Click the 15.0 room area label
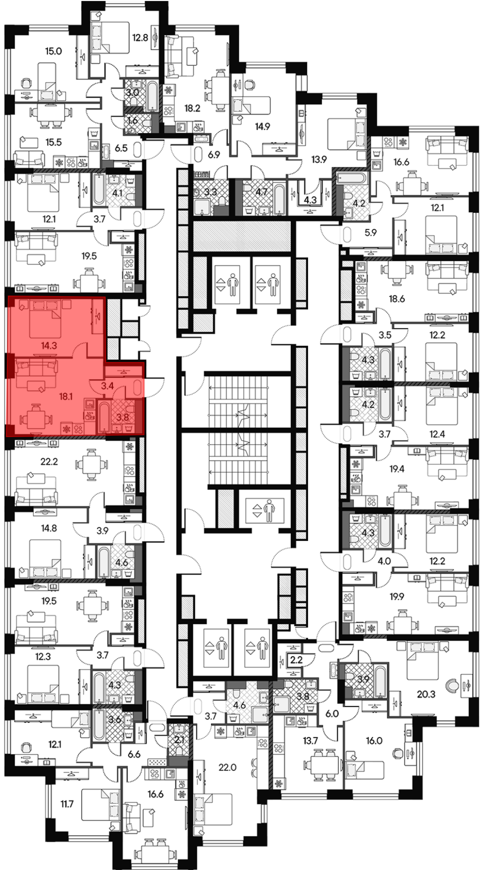pyautogui.click(x=53, y=51)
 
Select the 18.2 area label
pyautogui.click(x=193, y=108)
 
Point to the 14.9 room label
pyautogui.click(x=262, y=127)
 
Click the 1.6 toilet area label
pyautogui.click(x=132, y=121)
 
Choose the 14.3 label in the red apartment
pyautogui.click(x=49, y=346)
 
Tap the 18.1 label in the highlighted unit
pyautogui.click(x=65, y=396)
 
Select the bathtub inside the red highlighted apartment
pyautogui.click(x=103, y=416)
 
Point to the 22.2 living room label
pyautogui.click(x=49, y=461)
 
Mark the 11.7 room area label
pyautogui.click(x=67, y=804)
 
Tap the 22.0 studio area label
pyautogui.click(x=227, y=767)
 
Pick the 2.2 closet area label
pyautogui.click(x=296, y=660)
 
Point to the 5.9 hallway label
pyautogui.click(x=371, y=232)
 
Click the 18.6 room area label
pyautogui.click(x=397, y=299)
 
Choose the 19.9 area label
pyautogui.click(x=397, y=596)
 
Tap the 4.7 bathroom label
pyautogui.click(x=261, y=192)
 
